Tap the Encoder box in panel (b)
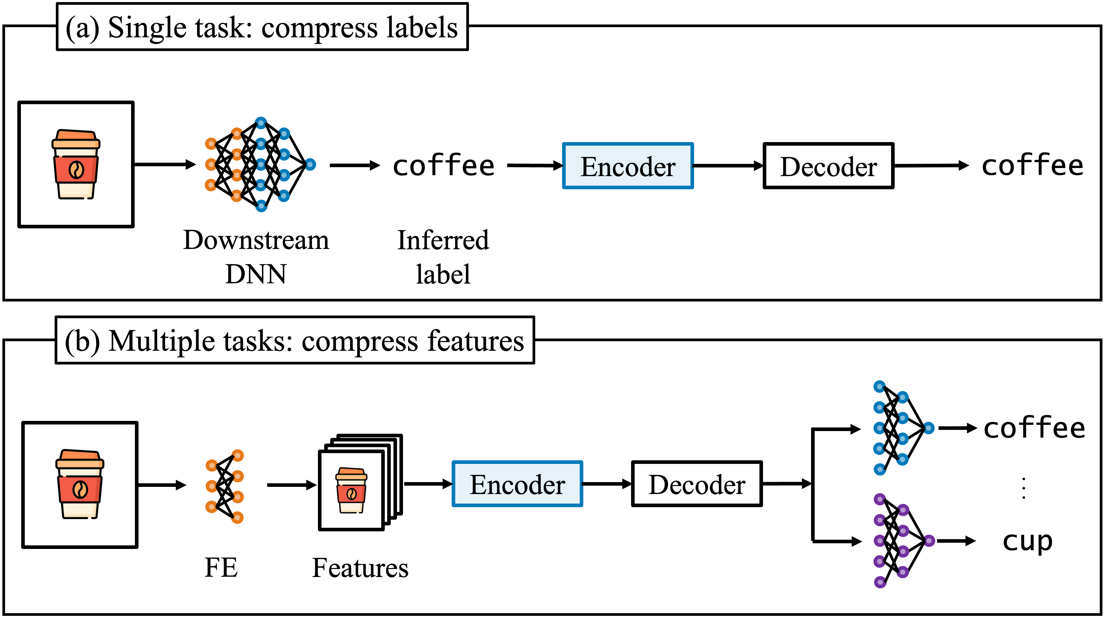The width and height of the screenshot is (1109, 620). (x=517, y=484)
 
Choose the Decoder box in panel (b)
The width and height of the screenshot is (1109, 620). (x=696, y=484)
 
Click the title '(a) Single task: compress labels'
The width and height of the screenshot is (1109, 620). (x=262, y=27)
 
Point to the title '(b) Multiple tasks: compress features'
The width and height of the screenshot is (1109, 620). (x=294, y=341)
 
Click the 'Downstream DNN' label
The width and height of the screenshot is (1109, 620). (x=256, y=257)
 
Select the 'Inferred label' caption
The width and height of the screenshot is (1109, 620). (x=443, y=257)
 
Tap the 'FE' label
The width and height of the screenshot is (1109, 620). (x=221, y=567)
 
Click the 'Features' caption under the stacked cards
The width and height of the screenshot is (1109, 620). (x=360, y=567)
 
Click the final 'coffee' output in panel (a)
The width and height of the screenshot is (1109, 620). (x=1032, y=166)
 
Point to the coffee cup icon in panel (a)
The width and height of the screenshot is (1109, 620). (x=76, y=164)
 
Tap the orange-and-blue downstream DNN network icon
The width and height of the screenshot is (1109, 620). (x=260, y=164)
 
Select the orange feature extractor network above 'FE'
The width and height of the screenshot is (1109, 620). (x=224, y=486)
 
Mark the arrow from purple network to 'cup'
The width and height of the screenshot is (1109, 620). (x=956, y=541)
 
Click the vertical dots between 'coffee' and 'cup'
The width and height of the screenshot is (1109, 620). (x=1024, y=488)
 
